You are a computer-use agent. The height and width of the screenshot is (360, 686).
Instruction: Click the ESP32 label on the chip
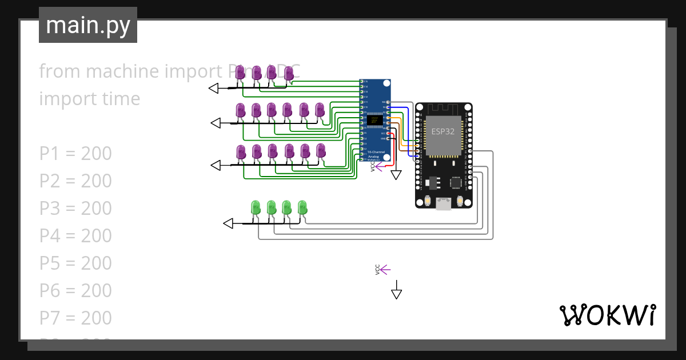tap(443, 131)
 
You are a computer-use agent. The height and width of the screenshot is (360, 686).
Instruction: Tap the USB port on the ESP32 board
tap(443, 203)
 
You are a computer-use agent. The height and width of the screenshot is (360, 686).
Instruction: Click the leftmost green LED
tap(256, 208)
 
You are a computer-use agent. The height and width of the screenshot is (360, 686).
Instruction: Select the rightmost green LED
tap(302, 208)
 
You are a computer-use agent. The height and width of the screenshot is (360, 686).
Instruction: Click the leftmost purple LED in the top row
tap(241, 73)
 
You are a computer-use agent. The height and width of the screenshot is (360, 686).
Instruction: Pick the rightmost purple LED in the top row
tap(289, 73)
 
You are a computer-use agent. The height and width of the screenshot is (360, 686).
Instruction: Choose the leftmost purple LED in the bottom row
tap(241, 152)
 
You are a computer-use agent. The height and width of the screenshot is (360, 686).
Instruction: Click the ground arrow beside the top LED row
tap(214, 88)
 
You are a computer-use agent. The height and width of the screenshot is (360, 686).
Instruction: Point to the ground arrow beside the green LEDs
tap(228, 223)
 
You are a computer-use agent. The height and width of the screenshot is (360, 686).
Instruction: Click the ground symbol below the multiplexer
tap(396, 175)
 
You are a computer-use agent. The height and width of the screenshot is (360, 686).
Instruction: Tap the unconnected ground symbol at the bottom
tap(396, 293)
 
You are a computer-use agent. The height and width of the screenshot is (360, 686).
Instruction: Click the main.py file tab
tap(88, 25)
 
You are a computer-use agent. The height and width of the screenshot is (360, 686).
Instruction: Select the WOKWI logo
tap(607, 315)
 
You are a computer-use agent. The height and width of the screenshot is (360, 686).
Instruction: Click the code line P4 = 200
tap(75, 235)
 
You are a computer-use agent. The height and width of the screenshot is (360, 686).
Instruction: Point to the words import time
tap(90, 99)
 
